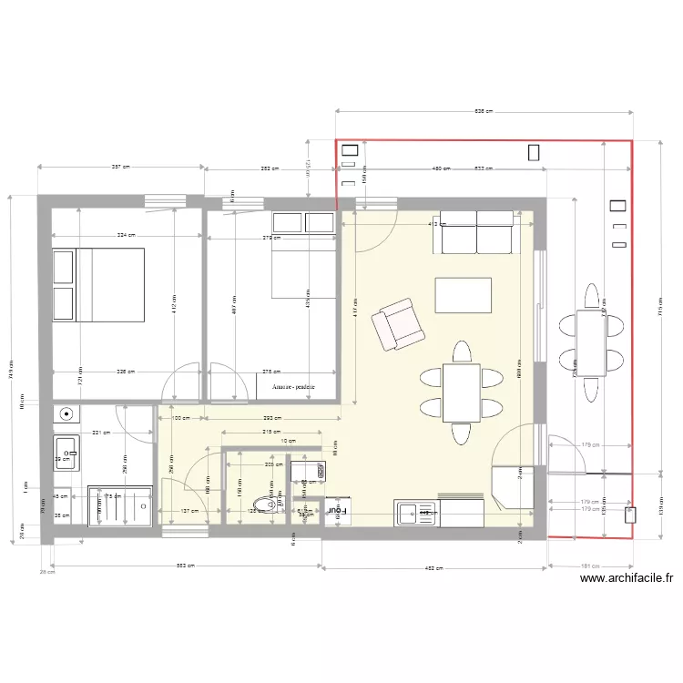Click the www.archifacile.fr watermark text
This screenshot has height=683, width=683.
[x=626, y=577]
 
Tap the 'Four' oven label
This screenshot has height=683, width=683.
[x=337, y=512]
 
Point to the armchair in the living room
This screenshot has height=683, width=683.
[x=398, y=324]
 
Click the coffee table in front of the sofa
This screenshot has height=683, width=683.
[x=464, y=295]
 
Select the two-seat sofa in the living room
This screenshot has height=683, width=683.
[x=476, y=233]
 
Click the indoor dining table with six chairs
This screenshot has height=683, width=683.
[x=461, y=392]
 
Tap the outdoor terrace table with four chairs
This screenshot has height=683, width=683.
[x=591, y=342]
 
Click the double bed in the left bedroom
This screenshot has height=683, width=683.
[x=98, y=285]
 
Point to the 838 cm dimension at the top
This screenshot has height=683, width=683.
[x=484, y=111]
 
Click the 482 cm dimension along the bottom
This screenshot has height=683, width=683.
[x=433, y=567]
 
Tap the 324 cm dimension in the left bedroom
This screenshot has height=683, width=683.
[x=126, y=234]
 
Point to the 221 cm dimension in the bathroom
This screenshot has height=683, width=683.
[x=101, y=433]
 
